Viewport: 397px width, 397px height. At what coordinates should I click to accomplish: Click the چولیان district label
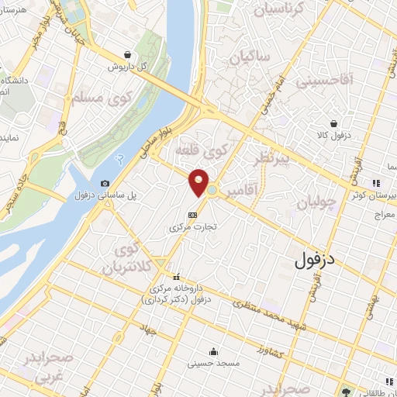tap(316, 202)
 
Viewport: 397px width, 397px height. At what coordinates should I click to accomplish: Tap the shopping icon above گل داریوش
tap(126, 54)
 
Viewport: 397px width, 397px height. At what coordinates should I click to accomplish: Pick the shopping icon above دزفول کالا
tap(333, 123)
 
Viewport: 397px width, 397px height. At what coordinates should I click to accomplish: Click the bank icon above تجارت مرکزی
tap(193, 216)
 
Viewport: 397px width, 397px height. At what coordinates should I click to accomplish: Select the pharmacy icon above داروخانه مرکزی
tap(177, 277)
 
